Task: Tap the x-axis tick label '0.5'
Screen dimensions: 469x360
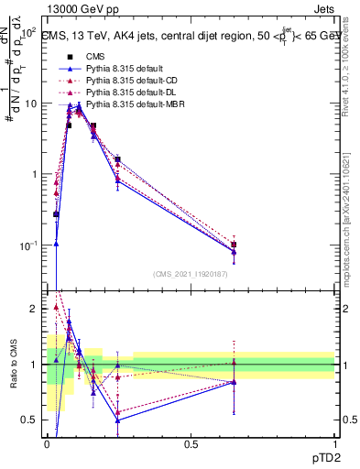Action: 191,444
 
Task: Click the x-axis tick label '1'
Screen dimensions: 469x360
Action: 334,444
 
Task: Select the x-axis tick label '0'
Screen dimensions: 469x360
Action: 47,444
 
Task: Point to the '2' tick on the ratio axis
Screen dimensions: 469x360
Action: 37,309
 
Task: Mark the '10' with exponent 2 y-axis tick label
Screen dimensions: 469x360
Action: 29,32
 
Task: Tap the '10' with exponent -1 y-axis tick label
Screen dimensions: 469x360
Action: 29,245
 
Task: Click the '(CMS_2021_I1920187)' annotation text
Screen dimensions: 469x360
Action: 191,274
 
